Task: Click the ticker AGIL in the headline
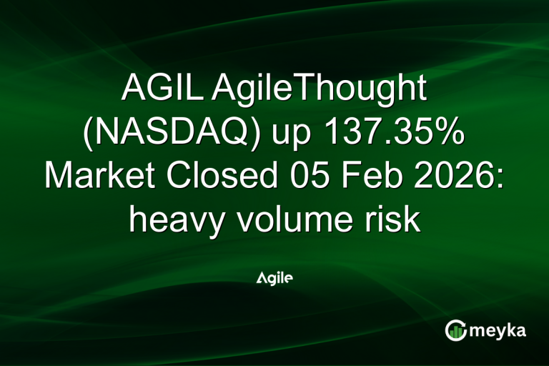point(157,90)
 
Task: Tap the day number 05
point(300,176)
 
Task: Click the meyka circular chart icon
point(455,330)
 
